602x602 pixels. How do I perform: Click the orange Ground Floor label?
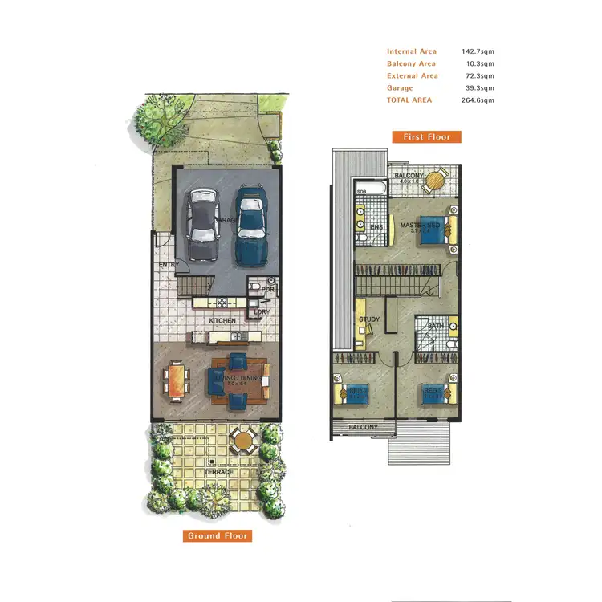point(218,535)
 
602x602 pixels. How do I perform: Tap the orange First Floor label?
point(427,136)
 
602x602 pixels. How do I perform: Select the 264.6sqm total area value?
point(478,100)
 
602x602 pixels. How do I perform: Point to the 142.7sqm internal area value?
point(478,51)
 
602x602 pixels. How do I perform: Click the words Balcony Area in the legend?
point(411,63)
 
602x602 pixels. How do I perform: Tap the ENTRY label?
point(169,264)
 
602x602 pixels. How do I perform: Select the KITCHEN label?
point(222,321)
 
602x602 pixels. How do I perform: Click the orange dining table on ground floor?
point(176,379)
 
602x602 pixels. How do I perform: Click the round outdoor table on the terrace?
point(242,439)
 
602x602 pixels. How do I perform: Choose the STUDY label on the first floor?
point(368,319)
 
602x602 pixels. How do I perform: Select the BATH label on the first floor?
point(435,326)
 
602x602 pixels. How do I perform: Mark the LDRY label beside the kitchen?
point(261,312)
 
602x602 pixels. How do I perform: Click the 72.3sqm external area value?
point(480,75)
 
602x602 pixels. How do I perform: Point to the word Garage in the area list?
point(400,88)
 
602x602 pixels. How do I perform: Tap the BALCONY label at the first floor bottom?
point(363,427)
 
